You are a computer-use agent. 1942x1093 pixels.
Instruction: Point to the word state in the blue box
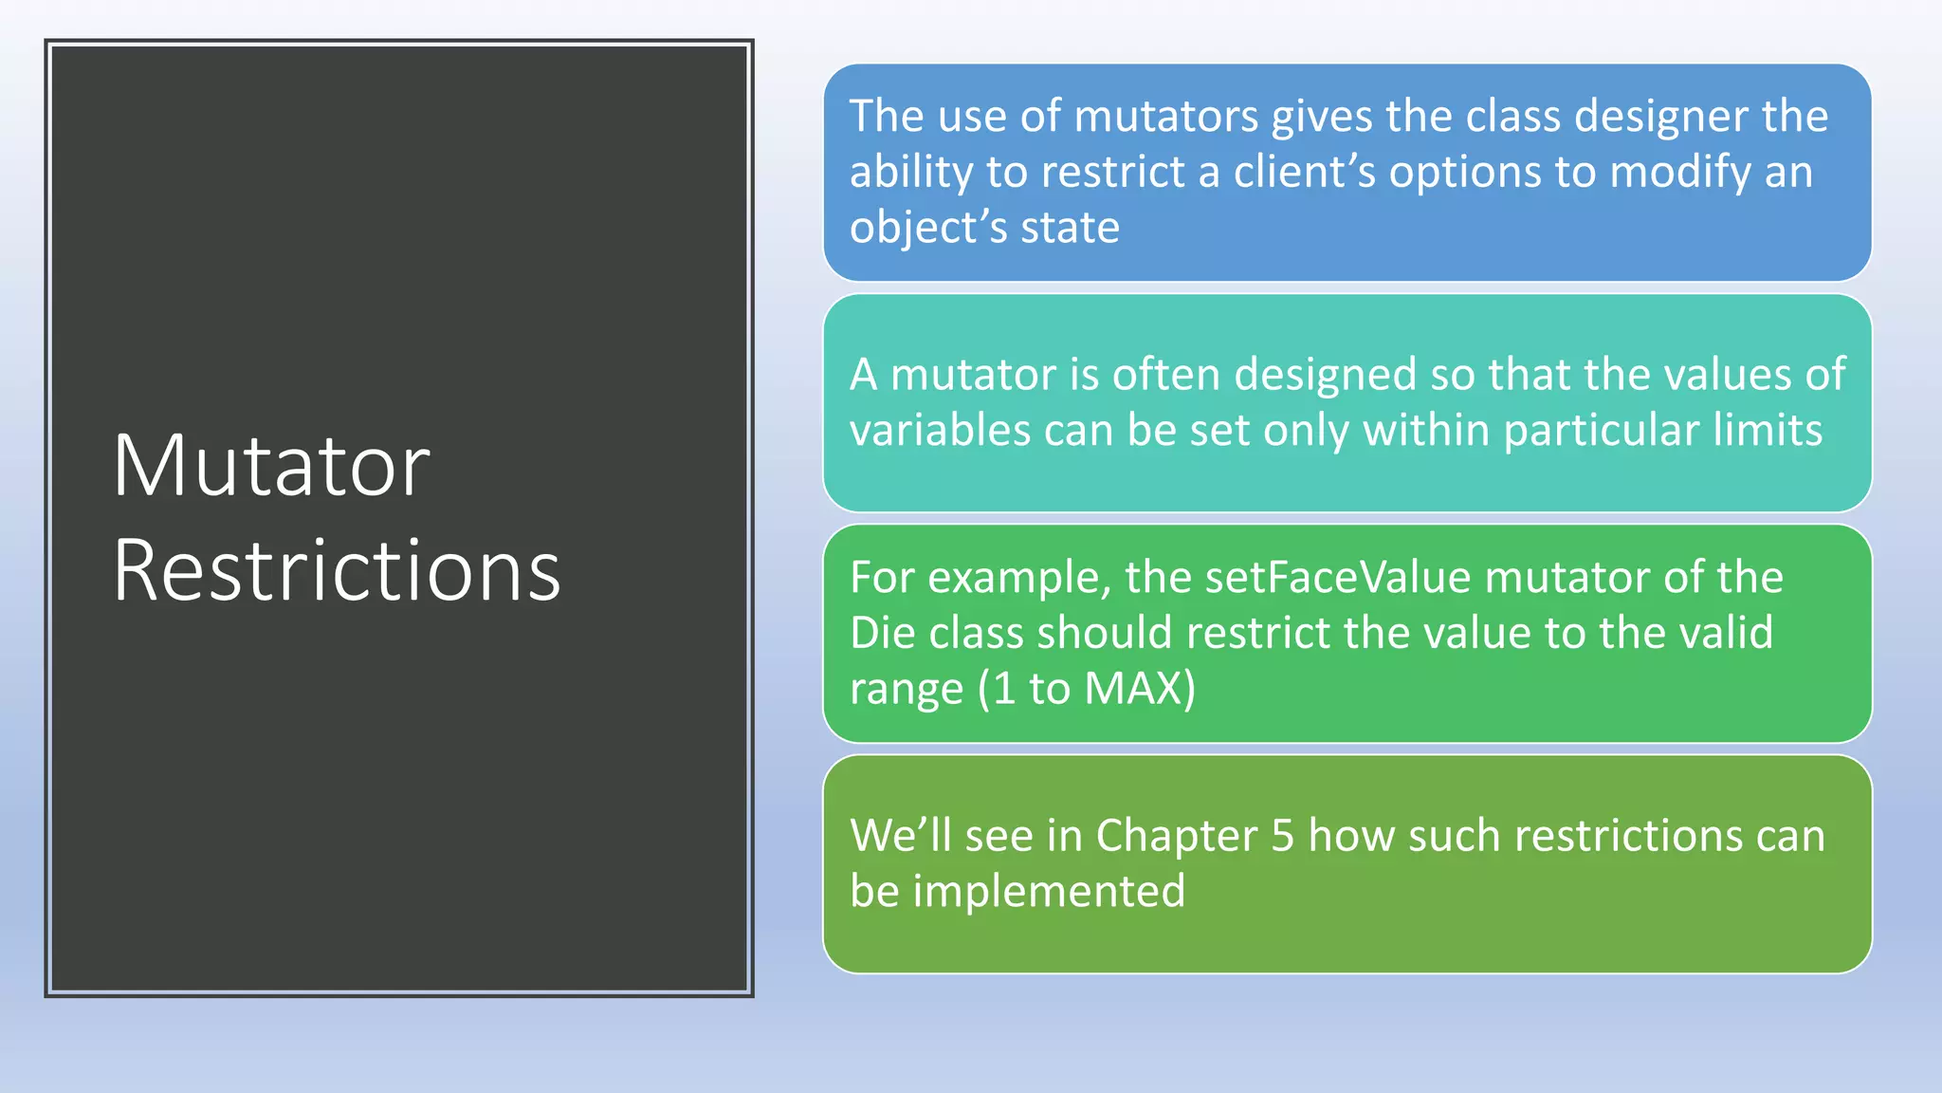[1070, 228]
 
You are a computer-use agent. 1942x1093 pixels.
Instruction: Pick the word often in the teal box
[1165, 374]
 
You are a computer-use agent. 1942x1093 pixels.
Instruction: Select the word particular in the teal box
[1601, 430]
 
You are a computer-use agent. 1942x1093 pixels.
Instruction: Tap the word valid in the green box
[1726, 633]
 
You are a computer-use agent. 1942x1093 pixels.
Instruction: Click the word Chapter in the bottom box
[1176, 836]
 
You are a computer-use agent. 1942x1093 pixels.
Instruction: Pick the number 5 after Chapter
[1282, 836]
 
